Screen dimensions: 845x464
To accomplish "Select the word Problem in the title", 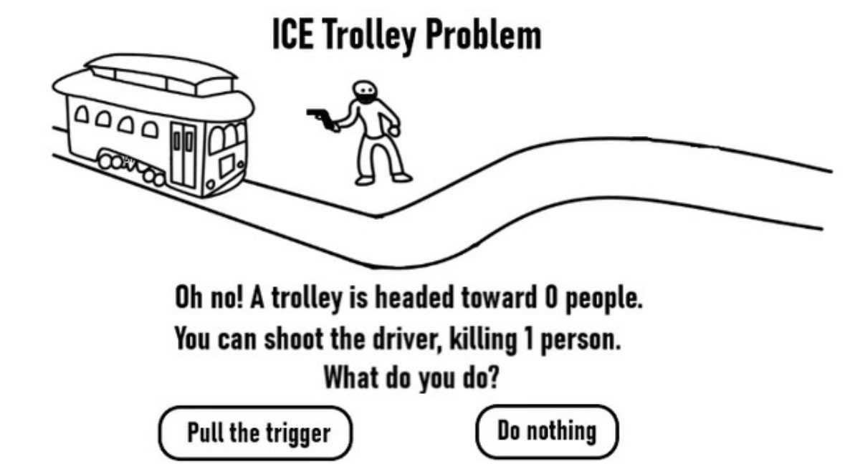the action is coord(483,34).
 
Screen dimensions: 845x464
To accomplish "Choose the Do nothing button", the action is coord(546,432).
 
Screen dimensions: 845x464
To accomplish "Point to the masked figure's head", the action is coord(365,92).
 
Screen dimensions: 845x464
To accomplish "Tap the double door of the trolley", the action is coord(183,155).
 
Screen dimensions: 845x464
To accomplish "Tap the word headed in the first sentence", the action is coord(414,298).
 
